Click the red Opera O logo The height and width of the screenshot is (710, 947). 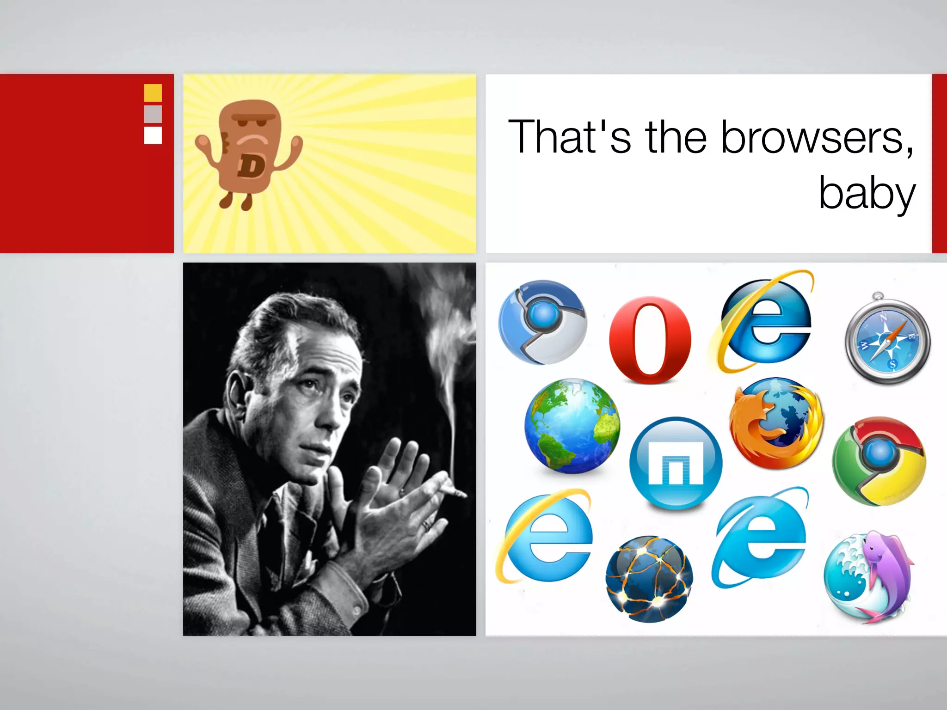tap(650, 340)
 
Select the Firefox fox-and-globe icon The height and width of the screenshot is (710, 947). tap(776, 423)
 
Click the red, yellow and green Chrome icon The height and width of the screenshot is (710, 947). tap(879, 460)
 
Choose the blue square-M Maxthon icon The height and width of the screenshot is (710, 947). tap(676, 462)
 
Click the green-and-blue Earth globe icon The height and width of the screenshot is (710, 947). tap(572, 425)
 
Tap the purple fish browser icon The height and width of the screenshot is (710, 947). tap(869, 575)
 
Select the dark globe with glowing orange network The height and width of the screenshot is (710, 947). tap(649, 579)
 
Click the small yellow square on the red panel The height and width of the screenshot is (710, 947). tap(153, 92)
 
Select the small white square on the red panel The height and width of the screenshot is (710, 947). tap(153, 135)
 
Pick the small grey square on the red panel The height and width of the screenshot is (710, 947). tap(153, 114)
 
